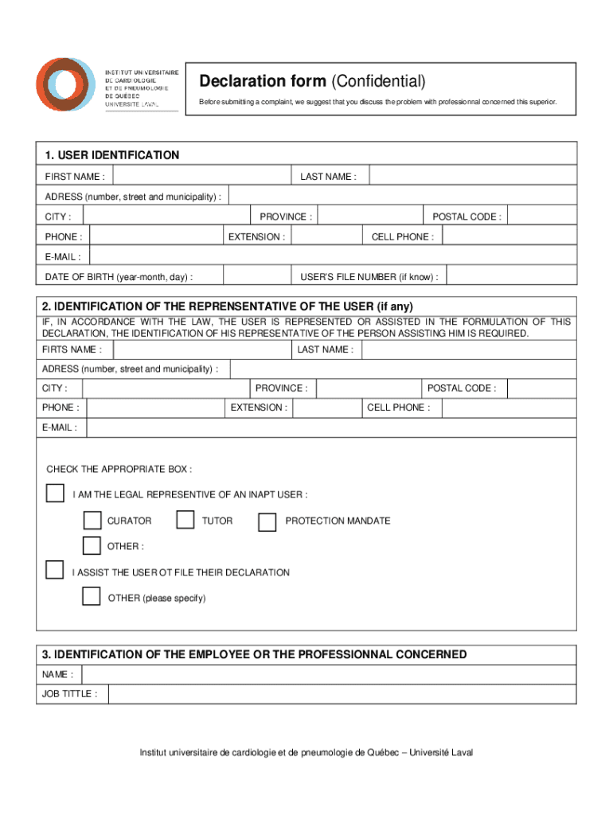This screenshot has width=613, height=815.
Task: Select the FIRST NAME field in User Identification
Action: pyautogui.click(x=200, y=176)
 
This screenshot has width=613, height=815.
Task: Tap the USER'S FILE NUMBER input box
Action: pyautogui.click(x=510, y=276)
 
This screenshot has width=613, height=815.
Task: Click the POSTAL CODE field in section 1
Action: pyautogui.click(x=541, y=216)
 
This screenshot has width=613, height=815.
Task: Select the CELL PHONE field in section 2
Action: pyautogui.click(x=509, y=407)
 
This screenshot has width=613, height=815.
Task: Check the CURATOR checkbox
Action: pyautogui.click(x=92, y=521)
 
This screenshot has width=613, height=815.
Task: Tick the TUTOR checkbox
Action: pyautogui.click(x=185, y=521)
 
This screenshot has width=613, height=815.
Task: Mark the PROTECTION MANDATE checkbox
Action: pyautogui.click(x=267, y=521)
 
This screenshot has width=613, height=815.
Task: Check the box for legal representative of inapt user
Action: pyautogui.click(x=55, y=493)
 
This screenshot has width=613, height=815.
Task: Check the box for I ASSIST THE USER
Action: pyautogui.click(x=54, y=570)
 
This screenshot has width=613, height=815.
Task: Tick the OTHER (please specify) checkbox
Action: pyautogui.click(x=92, y=596)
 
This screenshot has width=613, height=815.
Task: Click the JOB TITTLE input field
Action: pyautogui.click(x=342, y=694)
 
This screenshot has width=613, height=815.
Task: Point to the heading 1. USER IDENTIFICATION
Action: pyautogui.click(x=111, y=155)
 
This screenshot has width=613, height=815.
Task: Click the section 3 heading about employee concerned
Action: pyautogui.click(x=255, y=654)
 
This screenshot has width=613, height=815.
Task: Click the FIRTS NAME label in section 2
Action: pyautogui.click(x=72, y=349)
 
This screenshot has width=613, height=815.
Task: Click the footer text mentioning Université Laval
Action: pyautogui.click(x=306, y=752)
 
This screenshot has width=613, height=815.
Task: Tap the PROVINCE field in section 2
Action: pyautogui.click(x=368, y=388)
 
